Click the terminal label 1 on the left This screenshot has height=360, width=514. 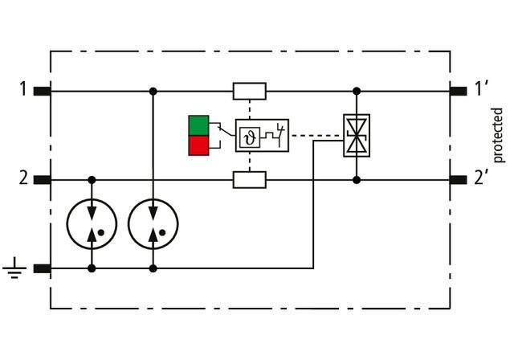click(23, 88)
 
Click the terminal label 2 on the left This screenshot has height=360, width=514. click(23, 178)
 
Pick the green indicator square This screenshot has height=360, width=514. click(198, 125)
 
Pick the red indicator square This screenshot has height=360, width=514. click(198, 145)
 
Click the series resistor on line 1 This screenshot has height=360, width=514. click(249, 91)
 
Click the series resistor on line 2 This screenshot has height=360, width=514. click(249, 179)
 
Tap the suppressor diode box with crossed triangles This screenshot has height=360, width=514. click(357, 135)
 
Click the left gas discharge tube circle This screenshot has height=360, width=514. click(92, 223)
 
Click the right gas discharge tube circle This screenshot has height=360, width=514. click(153, 223)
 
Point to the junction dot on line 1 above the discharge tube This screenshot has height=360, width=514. click(153, 91)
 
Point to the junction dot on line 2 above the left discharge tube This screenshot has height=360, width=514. click(92, 179)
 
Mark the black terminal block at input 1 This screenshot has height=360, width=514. click(43, 91)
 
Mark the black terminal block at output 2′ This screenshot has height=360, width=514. click(458, 179)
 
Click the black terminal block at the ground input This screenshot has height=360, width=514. click(43, 268)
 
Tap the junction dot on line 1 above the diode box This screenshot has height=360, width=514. click(357, 91)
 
